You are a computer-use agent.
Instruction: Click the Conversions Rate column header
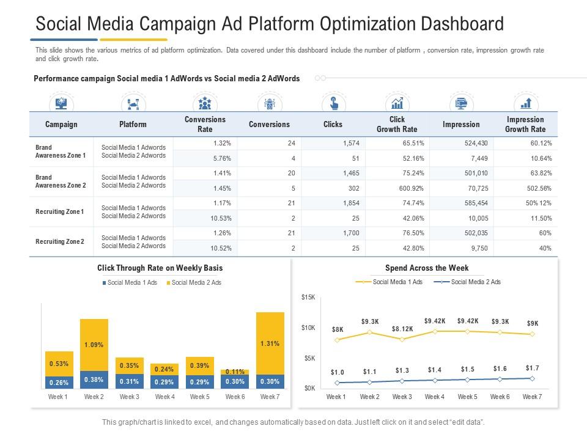point(205,124)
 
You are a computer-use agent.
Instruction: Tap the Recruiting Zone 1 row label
point(60,211)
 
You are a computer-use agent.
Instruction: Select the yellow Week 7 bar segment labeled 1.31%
point(270,343)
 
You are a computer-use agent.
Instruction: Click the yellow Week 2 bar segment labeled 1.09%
point(94,345)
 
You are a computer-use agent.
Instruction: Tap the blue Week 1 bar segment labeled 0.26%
point(59,382)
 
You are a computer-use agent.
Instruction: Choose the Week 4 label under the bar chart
point(164,397)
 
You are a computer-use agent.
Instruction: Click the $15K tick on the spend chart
point(308,298)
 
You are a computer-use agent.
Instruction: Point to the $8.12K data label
point(402,329)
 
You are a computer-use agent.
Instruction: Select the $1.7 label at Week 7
point(532,368)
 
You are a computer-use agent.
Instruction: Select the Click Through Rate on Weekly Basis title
point(160,268)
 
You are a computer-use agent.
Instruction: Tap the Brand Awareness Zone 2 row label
point(61,181)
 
